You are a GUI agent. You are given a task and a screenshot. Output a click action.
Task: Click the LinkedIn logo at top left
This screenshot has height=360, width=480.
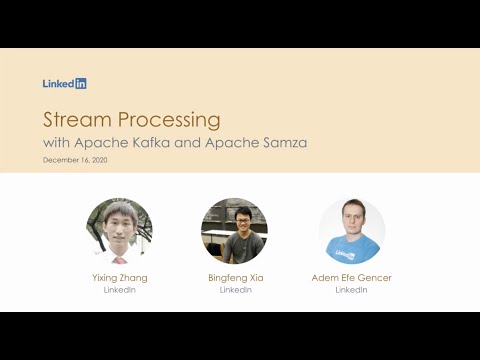pos(64,84)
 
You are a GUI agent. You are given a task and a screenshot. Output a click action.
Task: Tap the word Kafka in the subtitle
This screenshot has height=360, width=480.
pos(159,142)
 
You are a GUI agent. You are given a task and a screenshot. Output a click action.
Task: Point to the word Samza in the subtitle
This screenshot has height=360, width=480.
pos(284,142)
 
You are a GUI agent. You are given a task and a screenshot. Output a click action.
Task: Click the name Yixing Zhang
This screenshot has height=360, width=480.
pos(119,278)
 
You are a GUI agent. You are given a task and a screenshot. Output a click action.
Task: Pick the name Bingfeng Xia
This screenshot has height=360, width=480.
pos(235,278)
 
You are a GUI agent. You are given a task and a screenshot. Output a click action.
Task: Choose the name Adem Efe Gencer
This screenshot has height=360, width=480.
pos(351,278)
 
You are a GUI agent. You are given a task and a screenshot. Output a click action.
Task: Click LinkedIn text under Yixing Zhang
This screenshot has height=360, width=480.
pos(119,290)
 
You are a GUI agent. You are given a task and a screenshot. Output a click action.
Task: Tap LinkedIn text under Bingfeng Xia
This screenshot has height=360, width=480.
pos(235,290)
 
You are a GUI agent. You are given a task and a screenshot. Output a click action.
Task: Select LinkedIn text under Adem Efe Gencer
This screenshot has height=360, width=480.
pos(351,290)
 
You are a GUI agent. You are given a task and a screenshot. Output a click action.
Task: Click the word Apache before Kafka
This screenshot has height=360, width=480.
pos(111,142)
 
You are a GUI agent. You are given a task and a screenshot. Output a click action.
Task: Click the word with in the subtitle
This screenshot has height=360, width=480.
pos(57,142)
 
